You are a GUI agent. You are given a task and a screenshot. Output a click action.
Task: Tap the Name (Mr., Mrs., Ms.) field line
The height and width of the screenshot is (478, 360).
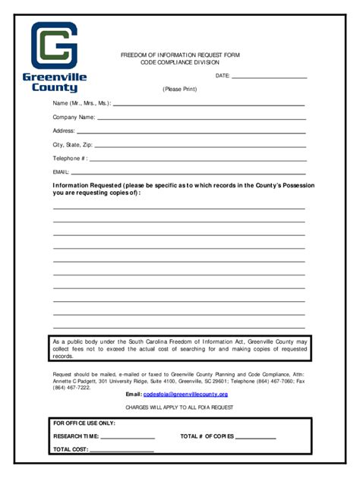click(x=209, y=104)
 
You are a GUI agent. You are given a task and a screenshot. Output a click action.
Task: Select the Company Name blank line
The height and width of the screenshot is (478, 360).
click(x=201, y=118)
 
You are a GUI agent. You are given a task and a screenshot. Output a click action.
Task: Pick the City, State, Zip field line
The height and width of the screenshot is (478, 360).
click(x=200, y=146)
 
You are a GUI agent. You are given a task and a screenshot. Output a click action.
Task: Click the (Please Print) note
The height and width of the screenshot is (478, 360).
click(x=179, y=89)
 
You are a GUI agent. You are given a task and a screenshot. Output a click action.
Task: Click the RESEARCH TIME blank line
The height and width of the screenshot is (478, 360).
click(x=128, y=438)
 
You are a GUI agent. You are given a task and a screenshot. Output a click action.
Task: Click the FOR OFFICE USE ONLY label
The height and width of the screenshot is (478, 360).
click(x=84, y=423)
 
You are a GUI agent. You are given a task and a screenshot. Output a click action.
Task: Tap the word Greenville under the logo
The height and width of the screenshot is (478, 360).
click(x=55, y=77)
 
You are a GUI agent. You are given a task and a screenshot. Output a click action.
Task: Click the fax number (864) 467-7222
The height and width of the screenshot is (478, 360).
click(x=71, y=387)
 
